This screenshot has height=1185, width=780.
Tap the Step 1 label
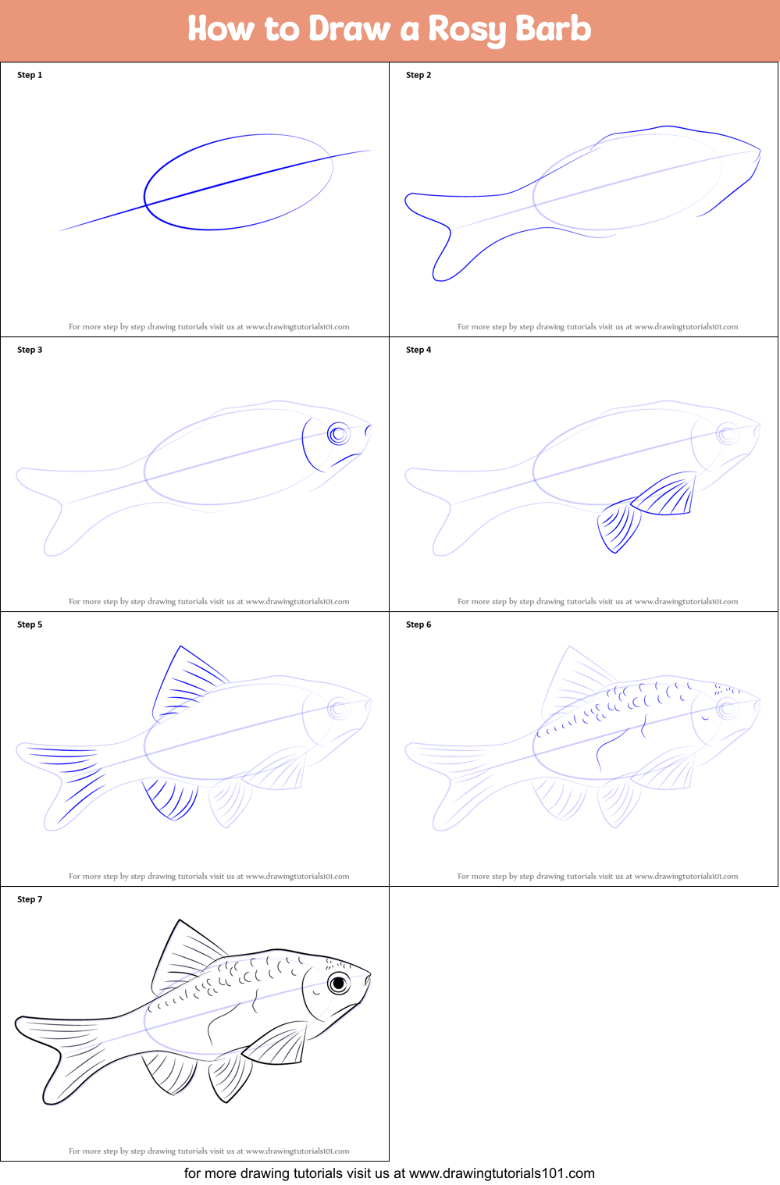click(30, 75)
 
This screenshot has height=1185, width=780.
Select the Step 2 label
click(418, 75)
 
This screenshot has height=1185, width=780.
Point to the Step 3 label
click(30, 350)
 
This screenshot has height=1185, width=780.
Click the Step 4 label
click(418, 350)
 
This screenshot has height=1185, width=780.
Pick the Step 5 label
click(30, 625)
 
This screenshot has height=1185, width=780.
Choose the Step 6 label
click(418, 625)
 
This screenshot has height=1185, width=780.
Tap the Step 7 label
click(30, 899)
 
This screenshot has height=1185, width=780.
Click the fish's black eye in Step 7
click(338, 984)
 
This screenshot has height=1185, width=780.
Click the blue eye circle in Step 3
click(338, 434)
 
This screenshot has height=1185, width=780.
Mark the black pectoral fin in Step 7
click(277, 1044)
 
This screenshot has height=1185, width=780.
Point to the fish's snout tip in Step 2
click(759, 149)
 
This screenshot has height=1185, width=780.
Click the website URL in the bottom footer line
click(501, 1173)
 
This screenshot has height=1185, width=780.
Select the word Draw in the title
click(349, 30)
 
